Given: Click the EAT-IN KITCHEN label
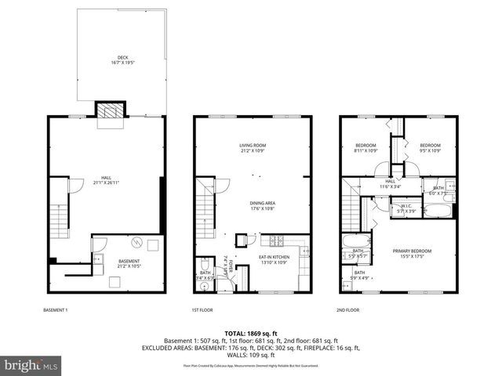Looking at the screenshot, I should coord(275,258).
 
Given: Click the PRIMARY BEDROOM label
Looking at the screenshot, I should coord(412,253).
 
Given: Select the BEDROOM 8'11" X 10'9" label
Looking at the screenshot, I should coord(366,147).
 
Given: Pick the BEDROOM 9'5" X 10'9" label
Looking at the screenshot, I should coord(429,147).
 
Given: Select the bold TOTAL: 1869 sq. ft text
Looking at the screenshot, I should coord(251,334).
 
